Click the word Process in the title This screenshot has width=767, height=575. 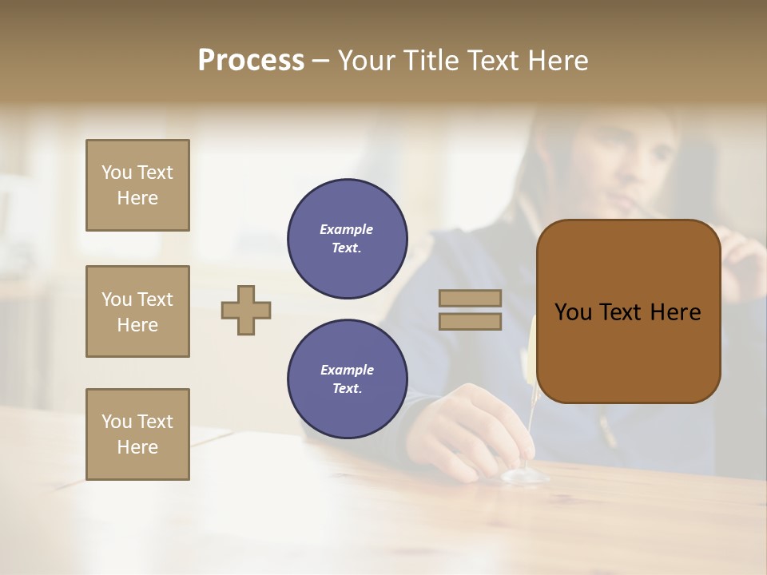(x=251, y=61)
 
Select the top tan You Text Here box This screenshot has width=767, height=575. (x=137, y=185)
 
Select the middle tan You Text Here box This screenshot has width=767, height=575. (x=137, y=311)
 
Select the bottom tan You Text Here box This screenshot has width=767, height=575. (x=137, y=434)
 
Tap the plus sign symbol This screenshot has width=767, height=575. (x=246, y=310)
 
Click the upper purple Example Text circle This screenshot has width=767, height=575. (x=347, y=239)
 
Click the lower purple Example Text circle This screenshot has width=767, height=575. (x=347, y=379)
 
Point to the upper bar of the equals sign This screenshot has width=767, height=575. (x=470, y=299)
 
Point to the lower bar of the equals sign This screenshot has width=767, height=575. (x=470, y=321)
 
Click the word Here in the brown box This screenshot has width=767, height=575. (x=675, y=312)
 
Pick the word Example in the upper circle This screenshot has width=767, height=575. (x=347, y=229)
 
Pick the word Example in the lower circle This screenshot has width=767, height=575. (x=347, y=370)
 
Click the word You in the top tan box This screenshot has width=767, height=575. (x=117, y=172)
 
